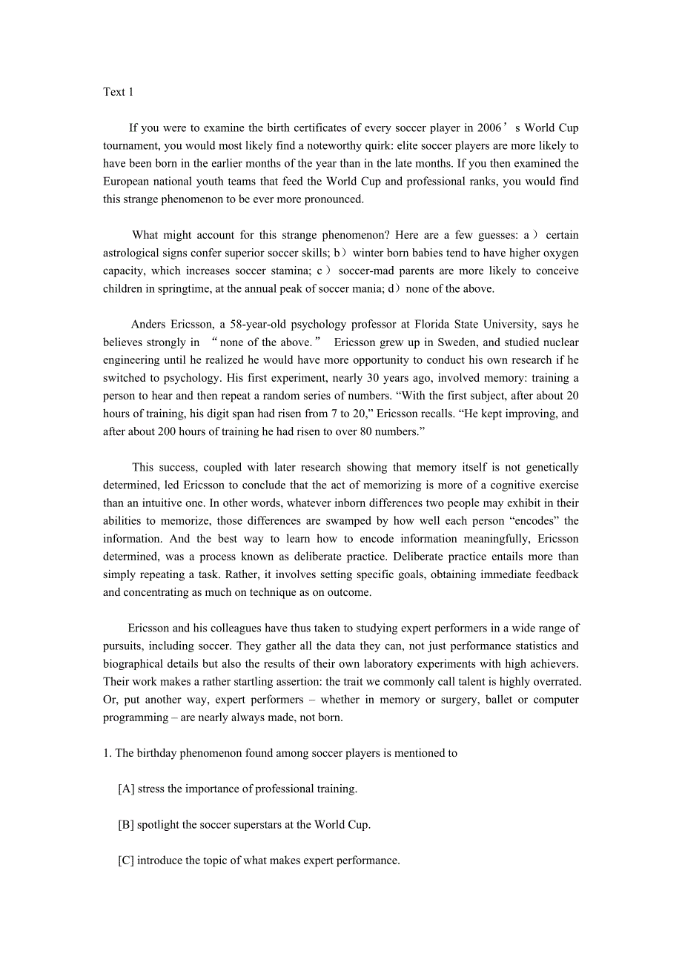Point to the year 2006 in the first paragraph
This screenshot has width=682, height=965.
click(x=489, y=128)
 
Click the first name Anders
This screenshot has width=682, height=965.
click(x=149, y=324)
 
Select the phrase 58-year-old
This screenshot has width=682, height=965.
click(x=252, y=324)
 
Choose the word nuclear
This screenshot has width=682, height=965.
click(x=560, y=342)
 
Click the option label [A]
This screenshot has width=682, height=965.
click(x=126, y=789)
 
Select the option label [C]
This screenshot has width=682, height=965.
click(x=126, y=860)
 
